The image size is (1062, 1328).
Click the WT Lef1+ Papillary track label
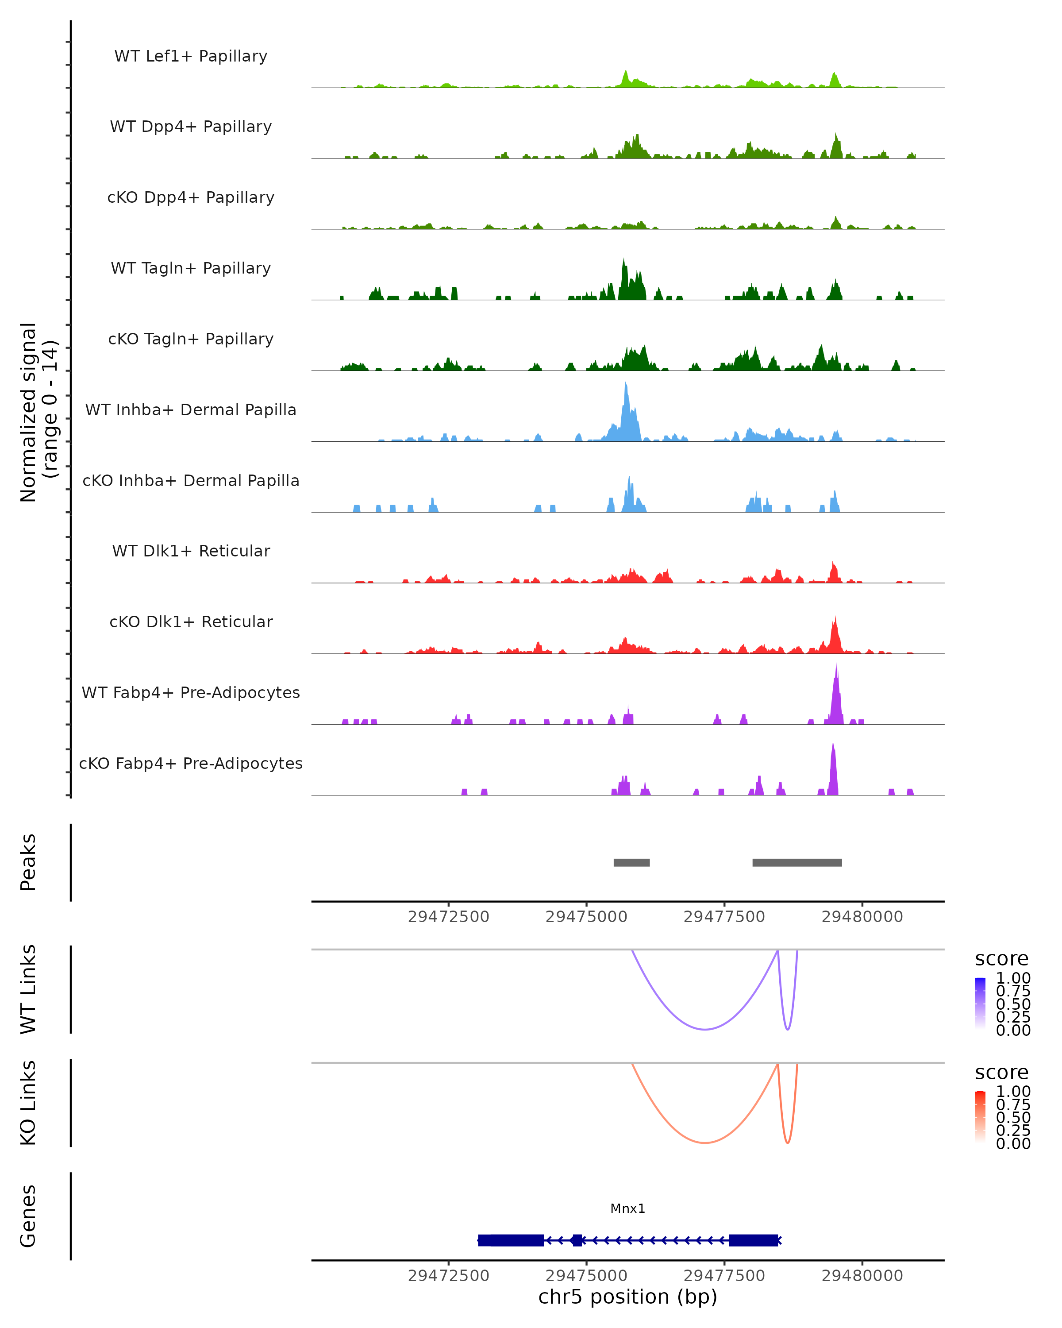[191, 56]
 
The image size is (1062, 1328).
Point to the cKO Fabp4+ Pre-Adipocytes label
[191, 764]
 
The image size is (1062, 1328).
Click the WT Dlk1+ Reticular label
[191, 551]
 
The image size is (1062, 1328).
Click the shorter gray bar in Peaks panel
[631, 862]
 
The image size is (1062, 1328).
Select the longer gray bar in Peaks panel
[797, 862]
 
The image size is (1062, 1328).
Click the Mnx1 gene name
[628, 1208]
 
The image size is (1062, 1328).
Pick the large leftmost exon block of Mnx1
[511, 1240]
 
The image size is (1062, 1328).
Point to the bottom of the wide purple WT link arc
[705, 1029]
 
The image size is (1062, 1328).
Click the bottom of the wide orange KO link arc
[705, 1143]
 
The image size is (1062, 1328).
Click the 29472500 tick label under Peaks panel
[448, 917]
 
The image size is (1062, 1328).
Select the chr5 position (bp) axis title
[627, 1297]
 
